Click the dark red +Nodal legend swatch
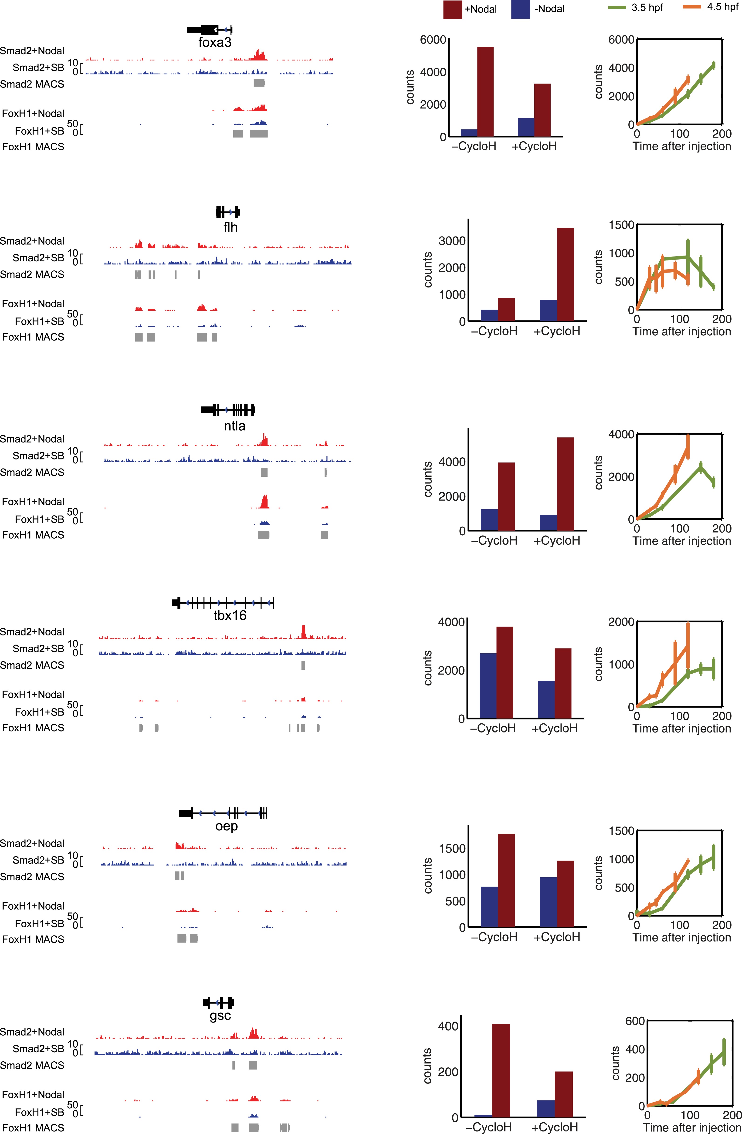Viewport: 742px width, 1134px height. coord(452,10)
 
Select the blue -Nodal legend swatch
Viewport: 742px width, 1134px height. coord(520,10)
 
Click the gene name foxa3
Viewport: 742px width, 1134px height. coord(215,42)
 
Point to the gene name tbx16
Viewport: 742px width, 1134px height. coord(230,616)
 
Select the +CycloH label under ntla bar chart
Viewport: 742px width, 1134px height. coord(557,541)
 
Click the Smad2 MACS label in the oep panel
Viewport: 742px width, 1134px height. coord(32,877)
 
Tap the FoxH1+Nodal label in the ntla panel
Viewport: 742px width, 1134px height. coord(33,502)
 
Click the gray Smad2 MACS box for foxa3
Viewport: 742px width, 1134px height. coord(259,83)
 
